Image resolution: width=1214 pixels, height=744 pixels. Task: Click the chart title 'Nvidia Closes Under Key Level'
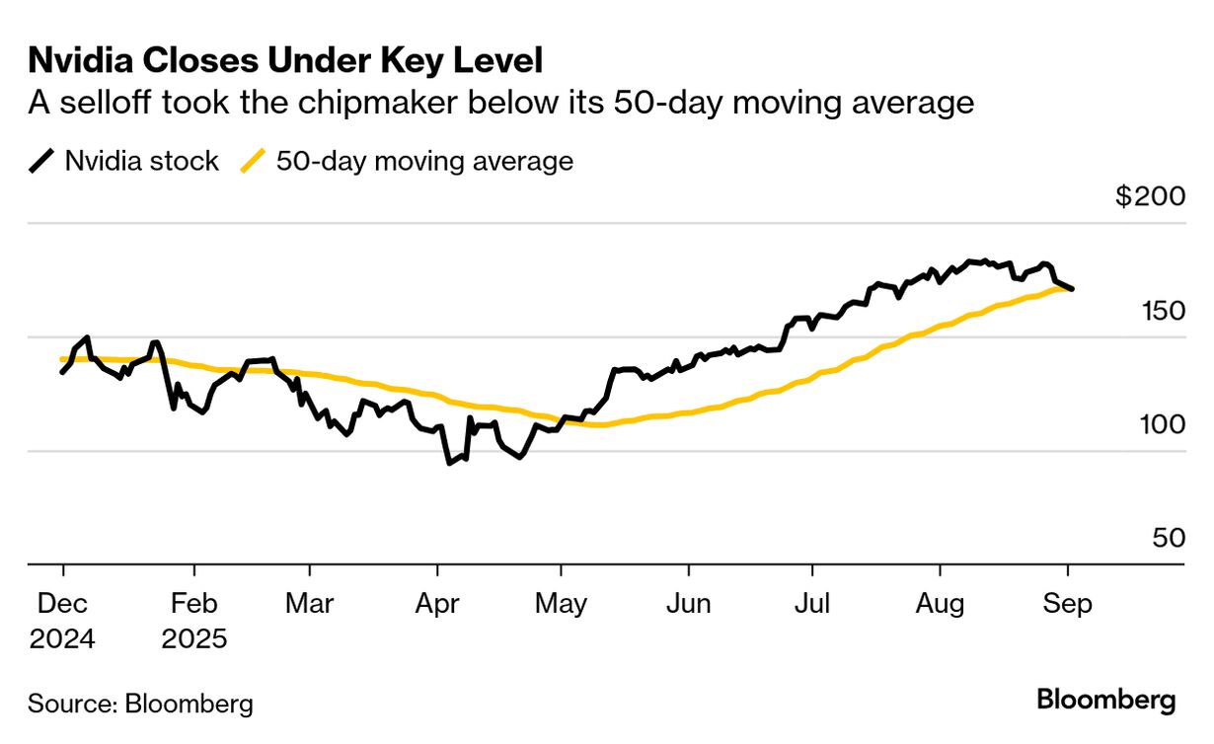click(x=285, y=61)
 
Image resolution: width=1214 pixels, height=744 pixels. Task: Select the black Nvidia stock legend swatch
click(x=42, y=161)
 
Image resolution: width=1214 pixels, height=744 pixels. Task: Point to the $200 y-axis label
click(x=1150, y=196)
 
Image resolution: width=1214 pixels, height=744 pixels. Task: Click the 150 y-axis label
click(x=1157, y=311)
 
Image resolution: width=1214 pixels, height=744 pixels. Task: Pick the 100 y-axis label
click(x=1157, y=424)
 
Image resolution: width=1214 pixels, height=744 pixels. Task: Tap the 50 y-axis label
click(x=1166, y=538)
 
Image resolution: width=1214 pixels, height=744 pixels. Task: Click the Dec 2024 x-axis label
click(x=62, y=620)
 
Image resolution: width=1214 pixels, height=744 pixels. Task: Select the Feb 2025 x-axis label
click(x=194, y=620)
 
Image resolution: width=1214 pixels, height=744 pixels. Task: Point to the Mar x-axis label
click(x=309, y=603)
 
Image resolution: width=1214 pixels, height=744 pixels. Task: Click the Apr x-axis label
click(x=436, y=603)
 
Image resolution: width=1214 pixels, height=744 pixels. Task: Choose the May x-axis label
click(x=561, y=603)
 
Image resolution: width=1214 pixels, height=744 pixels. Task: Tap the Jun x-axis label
click(x=687, y=603)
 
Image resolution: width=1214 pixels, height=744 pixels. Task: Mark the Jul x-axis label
click(x=811, y=603)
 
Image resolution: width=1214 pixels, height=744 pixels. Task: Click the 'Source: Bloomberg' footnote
click(x=140, y=704)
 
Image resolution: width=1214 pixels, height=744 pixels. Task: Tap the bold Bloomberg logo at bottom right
click(x=1105, y=701)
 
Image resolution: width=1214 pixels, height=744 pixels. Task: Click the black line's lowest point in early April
click(x=449, y=463)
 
